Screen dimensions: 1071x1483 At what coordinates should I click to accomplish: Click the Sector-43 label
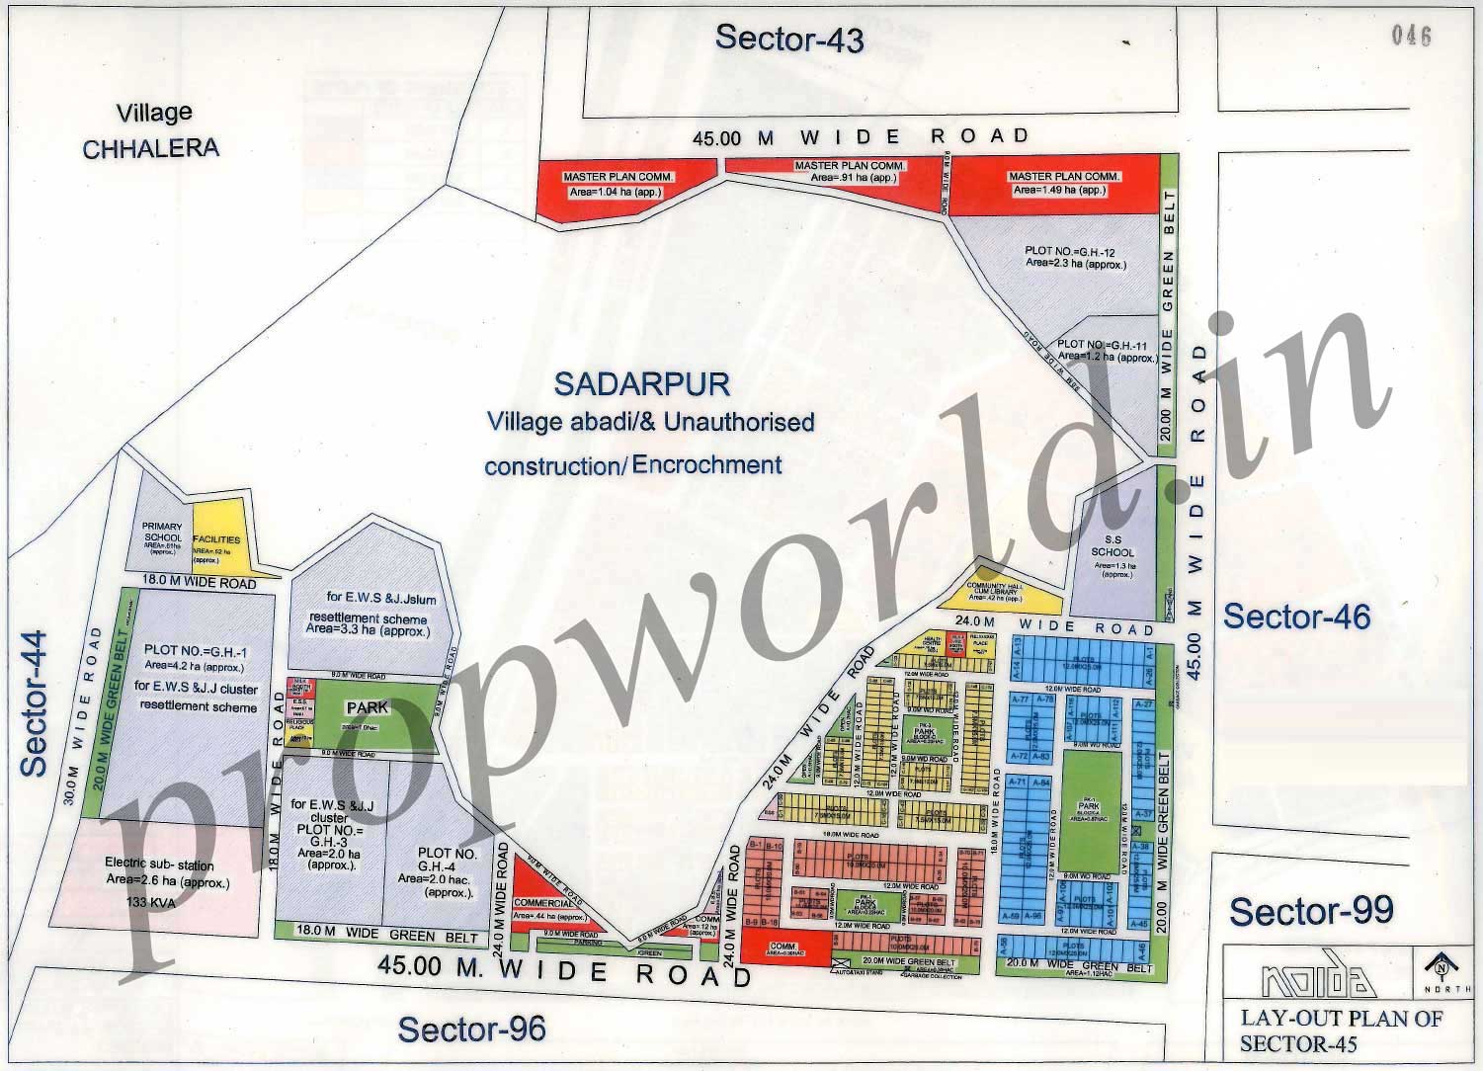coord(789,39)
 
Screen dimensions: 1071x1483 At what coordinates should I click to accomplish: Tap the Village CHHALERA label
coord(151,130)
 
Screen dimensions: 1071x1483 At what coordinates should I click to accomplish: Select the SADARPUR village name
coord(642,383)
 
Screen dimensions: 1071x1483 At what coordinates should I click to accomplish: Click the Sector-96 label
coord(471,1030)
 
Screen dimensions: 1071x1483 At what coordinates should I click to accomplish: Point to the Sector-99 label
coord(1311,911)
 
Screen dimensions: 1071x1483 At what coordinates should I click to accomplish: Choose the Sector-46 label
coord(1296,617)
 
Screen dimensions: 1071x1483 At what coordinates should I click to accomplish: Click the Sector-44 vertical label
coord(35,702)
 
